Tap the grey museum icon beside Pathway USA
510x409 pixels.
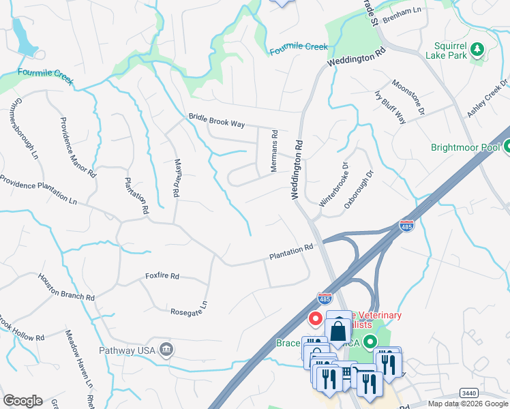click(x=166, y=350)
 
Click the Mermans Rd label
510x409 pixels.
click(x=274, y=151)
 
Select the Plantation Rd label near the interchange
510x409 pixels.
click(x=290, y=252)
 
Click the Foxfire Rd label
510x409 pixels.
click(x=162, y=276)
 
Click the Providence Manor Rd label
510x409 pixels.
click(x=78, y=148)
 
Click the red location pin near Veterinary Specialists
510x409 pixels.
click(x=316, y=318)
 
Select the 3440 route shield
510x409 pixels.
click(x=468, y=393)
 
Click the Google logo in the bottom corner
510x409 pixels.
click(x=22, y=401)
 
